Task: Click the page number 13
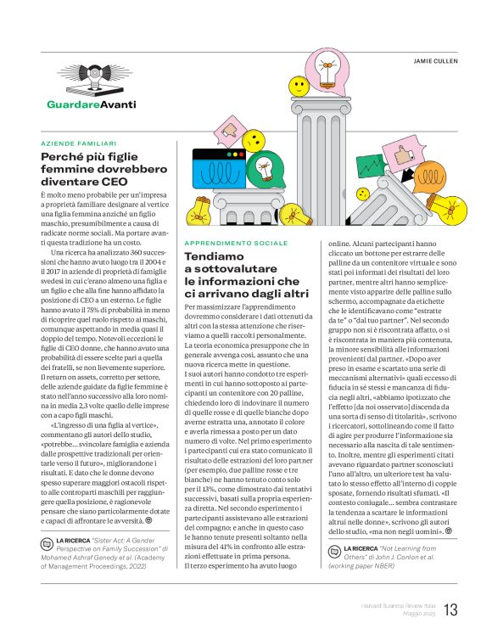point(450,610)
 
